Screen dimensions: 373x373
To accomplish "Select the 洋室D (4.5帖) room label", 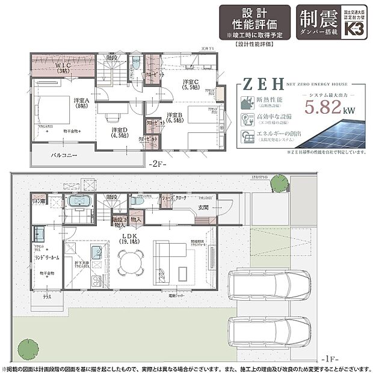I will (x=118, y=132).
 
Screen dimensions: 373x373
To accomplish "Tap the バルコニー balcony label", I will (x=64, y=155).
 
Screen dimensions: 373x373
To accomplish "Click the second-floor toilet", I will (x=136, y=63).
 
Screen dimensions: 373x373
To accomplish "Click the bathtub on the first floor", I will (x=78, y=202).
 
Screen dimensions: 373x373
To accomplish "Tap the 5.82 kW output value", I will (x=324, y=108).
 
